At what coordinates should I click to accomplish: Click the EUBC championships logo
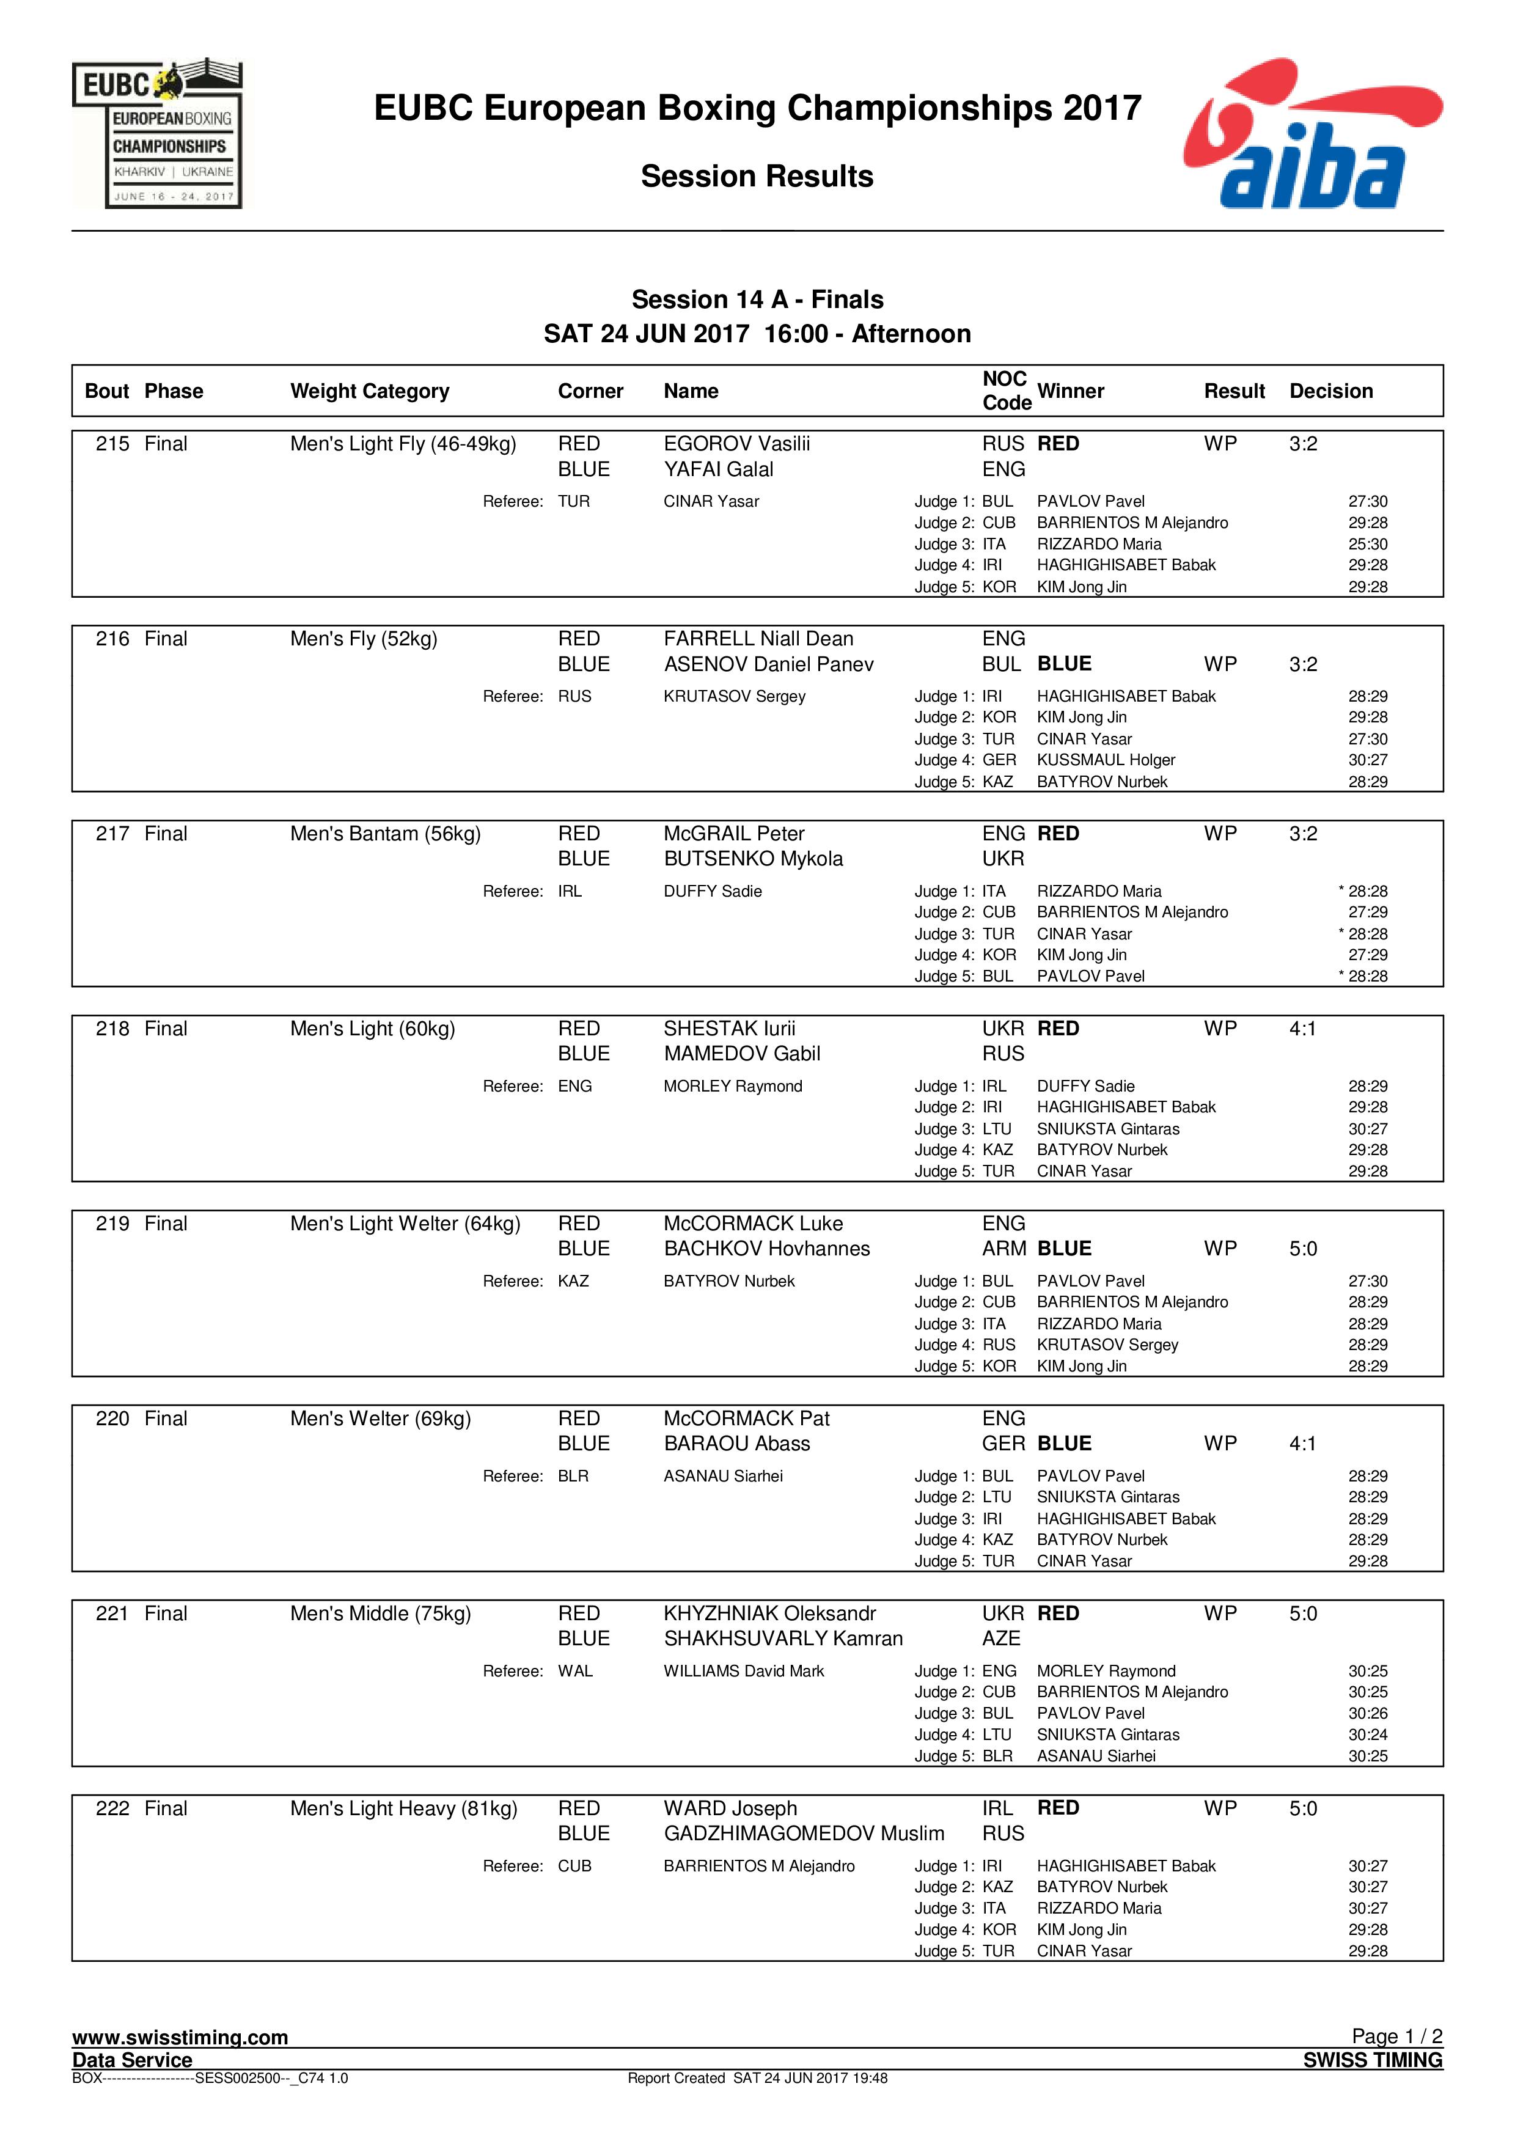[x=157, y=133]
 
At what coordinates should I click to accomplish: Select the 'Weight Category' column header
[x=370, y=391]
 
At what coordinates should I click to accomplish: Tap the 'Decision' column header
[x=1330, y=391]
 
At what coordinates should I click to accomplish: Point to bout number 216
[x=113, y=640]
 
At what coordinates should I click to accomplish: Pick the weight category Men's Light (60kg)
[x=372, y=1029]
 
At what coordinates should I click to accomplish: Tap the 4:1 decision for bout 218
[x=1302, y=1029]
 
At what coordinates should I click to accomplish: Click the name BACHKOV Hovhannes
[x=766, y=1249]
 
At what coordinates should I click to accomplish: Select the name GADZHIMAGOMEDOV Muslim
[x=804, y=1834]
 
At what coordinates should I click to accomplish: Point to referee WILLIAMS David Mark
[x=744, y=1672]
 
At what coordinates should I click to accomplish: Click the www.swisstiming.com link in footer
[x=180, y=2038]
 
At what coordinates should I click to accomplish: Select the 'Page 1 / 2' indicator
[x=1396, y=2036]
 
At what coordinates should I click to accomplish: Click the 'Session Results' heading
[x=757, y=177]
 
